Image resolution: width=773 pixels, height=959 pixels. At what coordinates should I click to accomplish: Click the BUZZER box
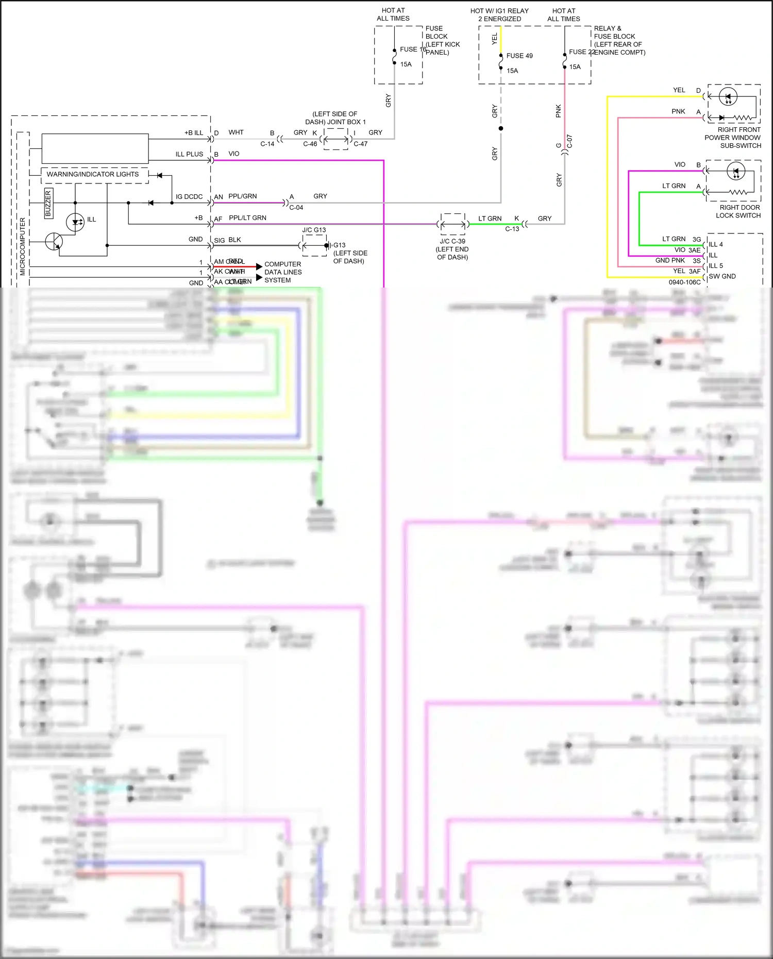(48, 203)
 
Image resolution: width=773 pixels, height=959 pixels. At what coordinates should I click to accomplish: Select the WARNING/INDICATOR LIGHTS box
(93, 174)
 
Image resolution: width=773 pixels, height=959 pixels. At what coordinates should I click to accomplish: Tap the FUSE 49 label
(519, 56)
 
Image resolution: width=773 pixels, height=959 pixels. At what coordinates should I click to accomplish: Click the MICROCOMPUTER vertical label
(23, 246)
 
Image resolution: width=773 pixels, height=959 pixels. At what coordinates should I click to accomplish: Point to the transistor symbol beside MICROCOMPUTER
(54, 241)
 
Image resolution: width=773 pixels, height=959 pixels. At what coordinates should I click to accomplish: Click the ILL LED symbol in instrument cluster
(76, 222)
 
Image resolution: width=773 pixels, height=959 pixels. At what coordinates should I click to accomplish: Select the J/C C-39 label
(452, 241)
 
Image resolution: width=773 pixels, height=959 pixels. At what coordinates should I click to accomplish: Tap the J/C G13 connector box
(314, 245)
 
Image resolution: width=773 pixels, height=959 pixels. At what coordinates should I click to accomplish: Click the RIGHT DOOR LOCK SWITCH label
(738, 211)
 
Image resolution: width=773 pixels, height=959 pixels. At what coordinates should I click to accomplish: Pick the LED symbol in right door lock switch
(736, 172)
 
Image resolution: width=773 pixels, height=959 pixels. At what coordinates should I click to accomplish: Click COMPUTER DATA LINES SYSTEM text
(283, 272)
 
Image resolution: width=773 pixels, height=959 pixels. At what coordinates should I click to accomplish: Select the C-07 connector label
(569, 142)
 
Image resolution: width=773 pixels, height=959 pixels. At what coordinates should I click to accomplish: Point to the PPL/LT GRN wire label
(247, 218)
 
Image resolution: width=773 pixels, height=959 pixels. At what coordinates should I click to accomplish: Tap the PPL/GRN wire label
(242, 196)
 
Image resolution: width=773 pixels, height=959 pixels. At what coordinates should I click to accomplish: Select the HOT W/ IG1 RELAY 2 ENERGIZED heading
(499, 14)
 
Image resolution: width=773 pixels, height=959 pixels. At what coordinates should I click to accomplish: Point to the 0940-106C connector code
(684, 282)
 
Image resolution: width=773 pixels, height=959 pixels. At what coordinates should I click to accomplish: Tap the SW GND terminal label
(722, 277)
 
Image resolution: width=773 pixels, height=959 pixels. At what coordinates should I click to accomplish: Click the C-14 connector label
(267, 144)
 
